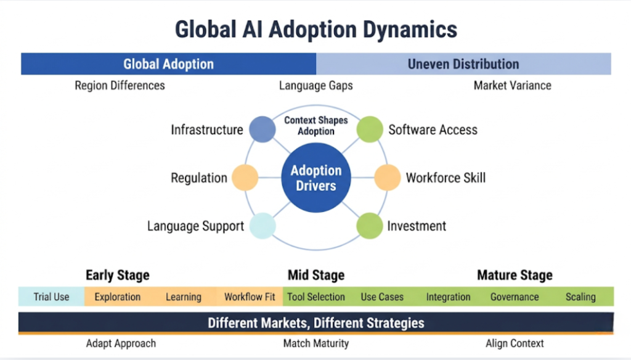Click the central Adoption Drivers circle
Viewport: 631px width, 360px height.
pos(316,178)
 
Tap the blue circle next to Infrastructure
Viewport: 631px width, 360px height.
pos(263,129)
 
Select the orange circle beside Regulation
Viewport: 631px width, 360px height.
pos(246,178)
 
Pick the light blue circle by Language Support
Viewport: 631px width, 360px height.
pos(263,226)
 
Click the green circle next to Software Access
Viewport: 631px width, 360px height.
pos(370,129)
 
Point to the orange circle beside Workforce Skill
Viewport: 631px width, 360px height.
pos(387,178)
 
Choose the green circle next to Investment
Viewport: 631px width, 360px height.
pos(370,226)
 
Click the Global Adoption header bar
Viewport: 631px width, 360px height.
pos(168,64)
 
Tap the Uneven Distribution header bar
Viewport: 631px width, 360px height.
pos(463,64)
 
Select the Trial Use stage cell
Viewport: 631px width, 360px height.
pos(51,297)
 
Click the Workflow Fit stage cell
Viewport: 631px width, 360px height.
pos(250,297)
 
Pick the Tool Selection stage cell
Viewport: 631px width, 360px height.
pos(316,297)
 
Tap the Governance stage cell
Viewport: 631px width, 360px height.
pos(515,297)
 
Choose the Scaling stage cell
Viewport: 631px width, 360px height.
pos(580,297)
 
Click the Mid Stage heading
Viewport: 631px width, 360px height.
pos(316,275)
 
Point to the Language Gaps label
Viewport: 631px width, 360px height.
pos(316,86)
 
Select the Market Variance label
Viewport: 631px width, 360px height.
pos(512,86)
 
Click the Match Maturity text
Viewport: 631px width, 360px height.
pos(316,343)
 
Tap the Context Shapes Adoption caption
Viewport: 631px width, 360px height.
pos(316,126)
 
